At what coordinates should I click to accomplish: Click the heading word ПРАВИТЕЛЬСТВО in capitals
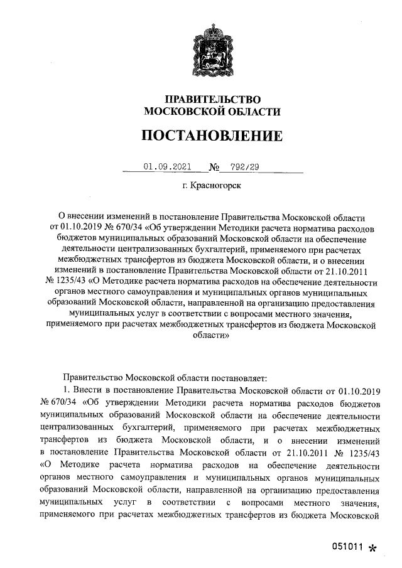(x=212, y=99)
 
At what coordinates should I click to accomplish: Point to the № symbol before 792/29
(x=214, y=167)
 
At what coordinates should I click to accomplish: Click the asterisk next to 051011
(x=372, y=548)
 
